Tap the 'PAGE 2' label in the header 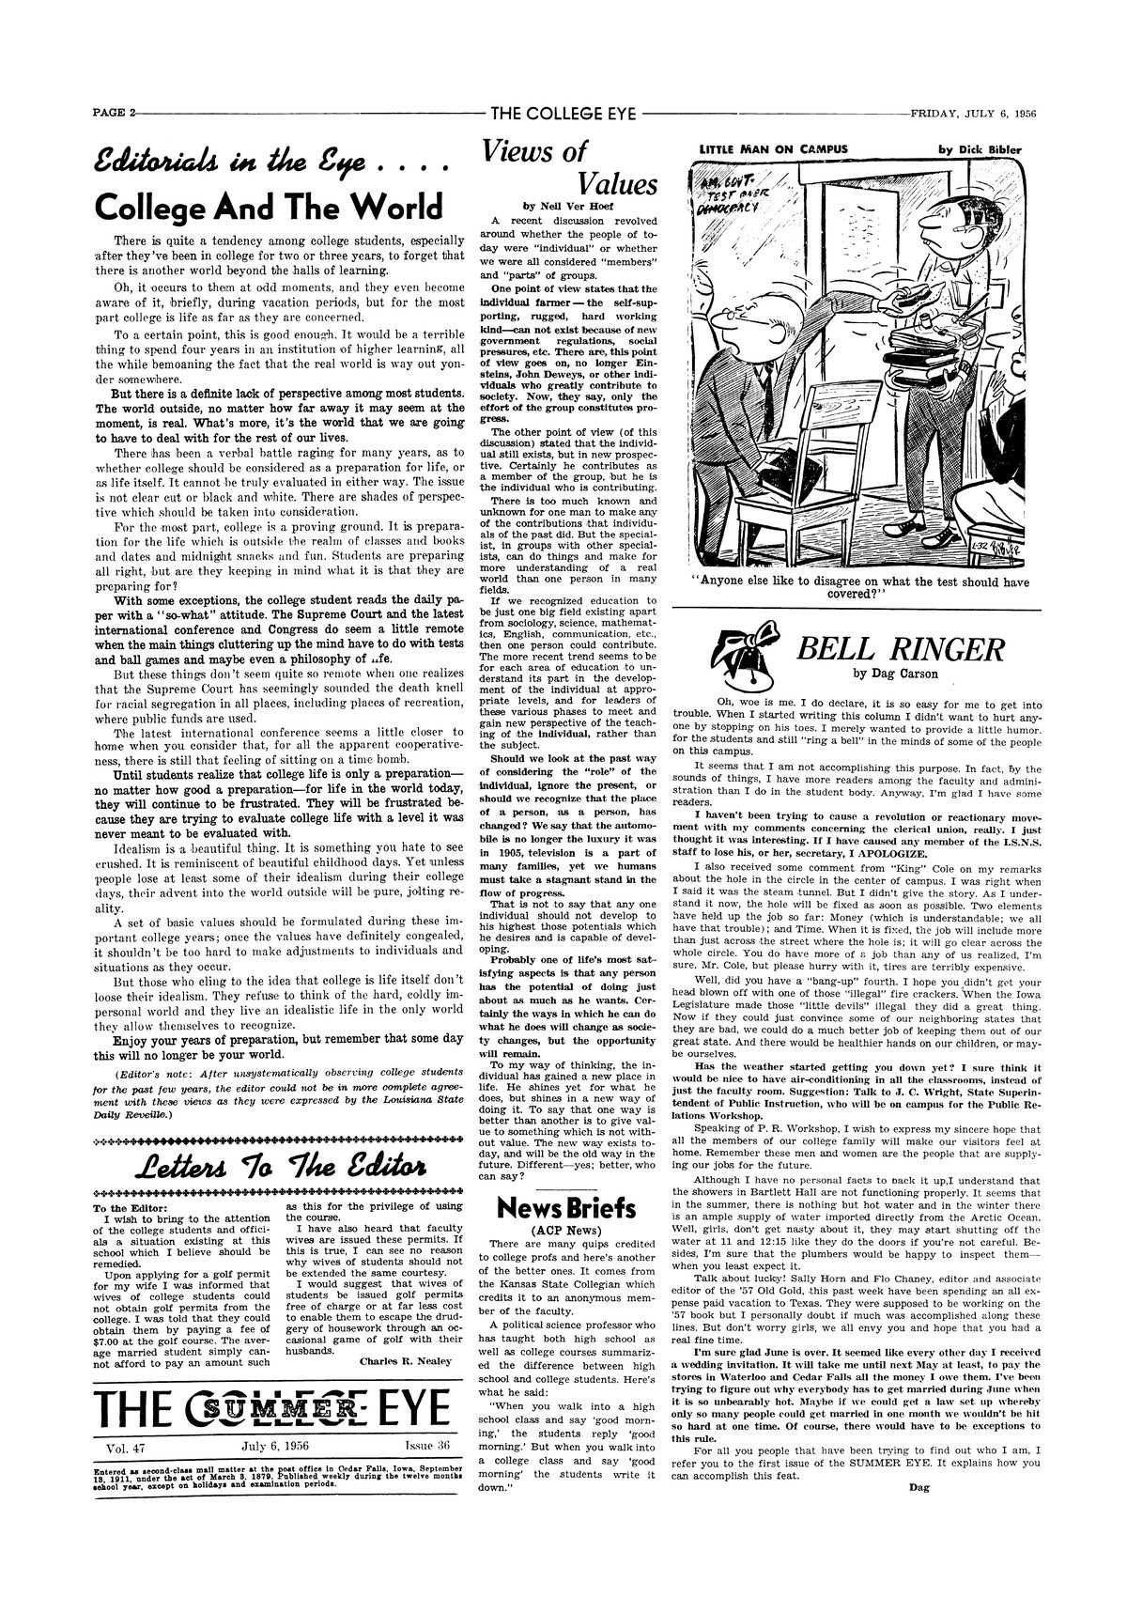pyautogui.click(x=114, y=115)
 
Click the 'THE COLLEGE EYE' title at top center pyautogui.click(x=563, y=115)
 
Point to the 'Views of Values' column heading pyautogui.click(x=569, y=166)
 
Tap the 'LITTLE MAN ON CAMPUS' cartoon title pyautogui.click(x=774, y=148)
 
